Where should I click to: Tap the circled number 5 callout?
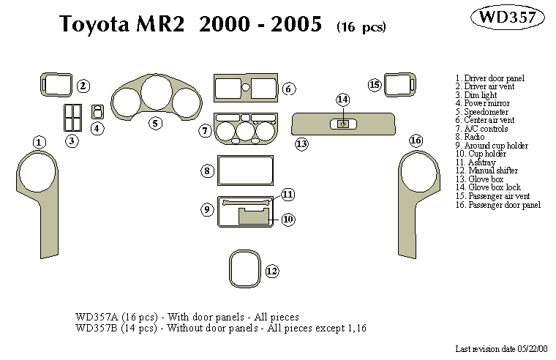(x=155, y=123)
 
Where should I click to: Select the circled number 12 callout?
(x=271, y=271)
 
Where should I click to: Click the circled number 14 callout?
(x=342, y=100)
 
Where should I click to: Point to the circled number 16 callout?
(x=416, y=140)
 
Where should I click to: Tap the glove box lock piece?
(x=342, y=124)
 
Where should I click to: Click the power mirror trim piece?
(x=97, y=111)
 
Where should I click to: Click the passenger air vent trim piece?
(x=399, y=85)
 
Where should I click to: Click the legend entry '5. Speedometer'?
(x=481, y=112)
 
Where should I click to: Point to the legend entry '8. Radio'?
(x=470, y=137)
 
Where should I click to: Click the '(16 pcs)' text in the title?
(x=361, y=27)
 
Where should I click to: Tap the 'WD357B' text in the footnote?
(x=94, y=329)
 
